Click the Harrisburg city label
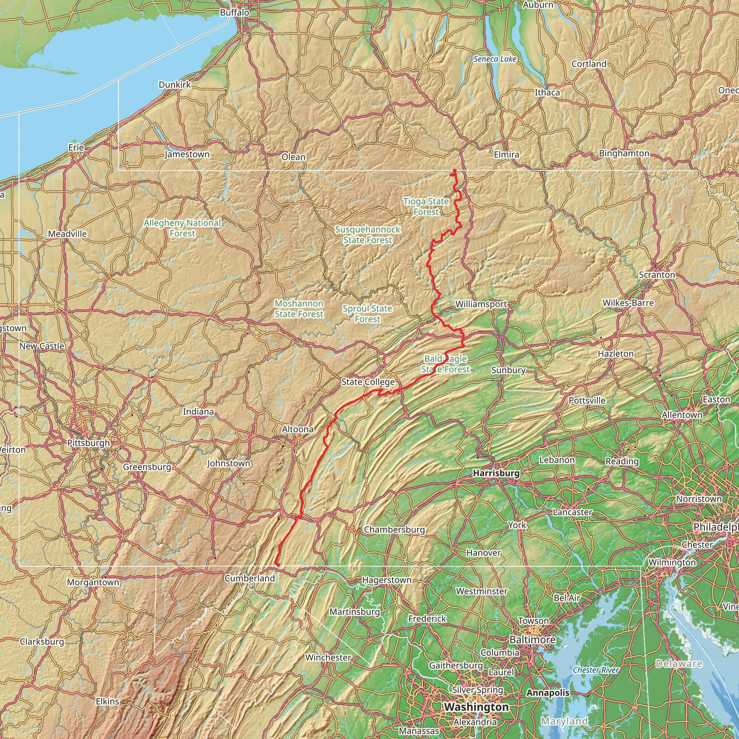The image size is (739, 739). (496, 473)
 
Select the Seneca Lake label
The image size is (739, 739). (495, 59)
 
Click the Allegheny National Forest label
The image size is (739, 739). (182, 228)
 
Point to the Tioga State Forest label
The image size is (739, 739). (426, 206)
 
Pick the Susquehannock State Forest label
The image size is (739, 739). (368, 235)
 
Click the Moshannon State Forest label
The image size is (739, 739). (299, 309)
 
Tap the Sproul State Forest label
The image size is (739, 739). (367, 314)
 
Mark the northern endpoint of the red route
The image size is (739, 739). (454, 171)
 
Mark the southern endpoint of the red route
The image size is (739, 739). (278, 565)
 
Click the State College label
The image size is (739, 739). (368, 382)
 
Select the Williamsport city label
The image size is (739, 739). (481, 304)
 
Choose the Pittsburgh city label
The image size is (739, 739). (88, 443)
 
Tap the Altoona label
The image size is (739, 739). (298, 429)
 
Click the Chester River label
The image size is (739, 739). (595, 670)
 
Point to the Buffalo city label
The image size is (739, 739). (235, 13)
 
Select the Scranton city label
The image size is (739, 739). (657, 275)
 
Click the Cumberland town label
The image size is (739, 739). (249, 578)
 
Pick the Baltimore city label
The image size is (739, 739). (532, 639)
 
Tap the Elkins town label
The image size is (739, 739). (108, 701)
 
